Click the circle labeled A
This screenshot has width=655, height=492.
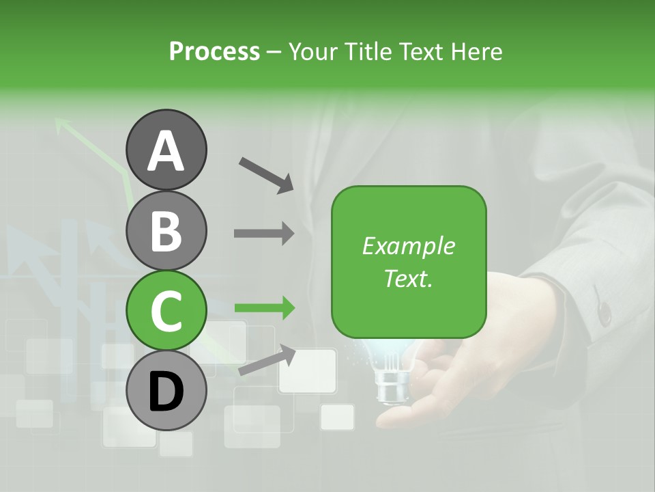[x=166, y=150]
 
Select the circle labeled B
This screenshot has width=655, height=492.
[x=166, y=230]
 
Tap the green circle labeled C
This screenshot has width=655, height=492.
[x=166, y=310]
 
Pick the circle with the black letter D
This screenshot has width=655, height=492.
[x=166, y=390]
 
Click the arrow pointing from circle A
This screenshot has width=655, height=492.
[x=266, y=174]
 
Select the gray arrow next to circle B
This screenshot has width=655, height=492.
[x=264, y=233]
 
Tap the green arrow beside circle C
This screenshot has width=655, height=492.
[x=264, y=308]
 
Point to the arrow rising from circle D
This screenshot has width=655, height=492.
[x=267, y=359]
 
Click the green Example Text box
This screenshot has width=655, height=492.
[x=409, y=262]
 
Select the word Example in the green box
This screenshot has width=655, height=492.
[x=408, y=246]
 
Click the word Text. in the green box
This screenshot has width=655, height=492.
[x=408, y=278]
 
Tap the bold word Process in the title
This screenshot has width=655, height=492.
[x=214, y=51]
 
